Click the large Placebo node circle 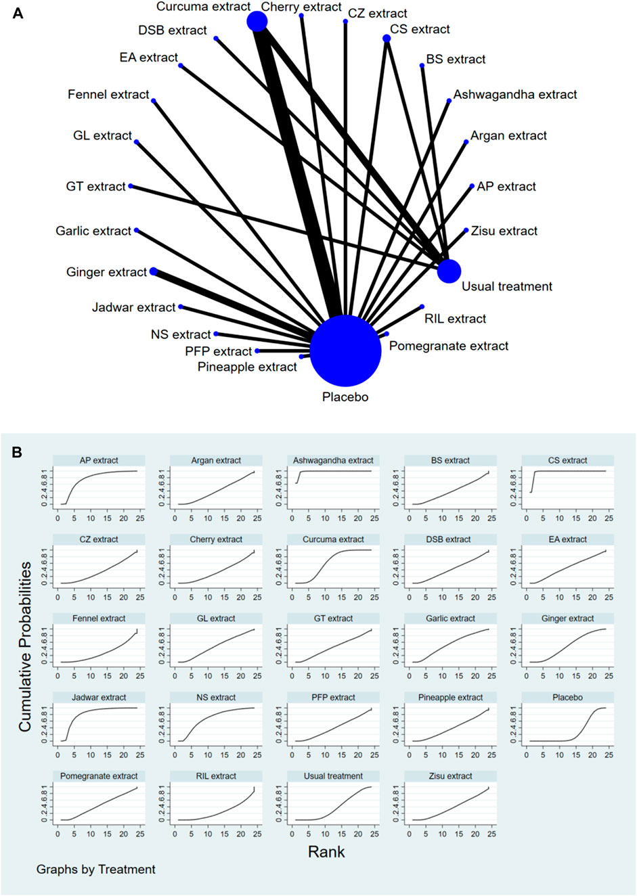(345, 351)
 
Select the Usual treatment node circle (449, 271)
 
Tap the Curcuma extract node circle (257, 22)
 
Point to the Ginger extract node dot (154, 271)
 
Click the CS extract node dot (387, 39)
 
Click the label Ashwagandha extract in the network (515, 95)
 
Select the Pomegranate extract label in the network (449, 346)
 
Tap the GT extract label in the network (96, 186)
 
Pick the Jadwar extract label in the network (134, 307)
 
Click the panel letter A (18, 13)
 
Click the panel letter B (18, 452)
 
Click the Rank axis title (326, 852)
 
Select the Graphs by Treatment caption (96, 870)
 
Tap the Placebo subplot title (567, 697)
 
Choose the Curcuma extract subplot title (333, 539)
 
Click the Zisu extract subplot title (450, 776)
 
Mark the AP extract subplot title (99, 460)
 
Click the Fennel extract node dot (154, 101)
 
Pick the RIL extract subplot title (216, 776)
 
